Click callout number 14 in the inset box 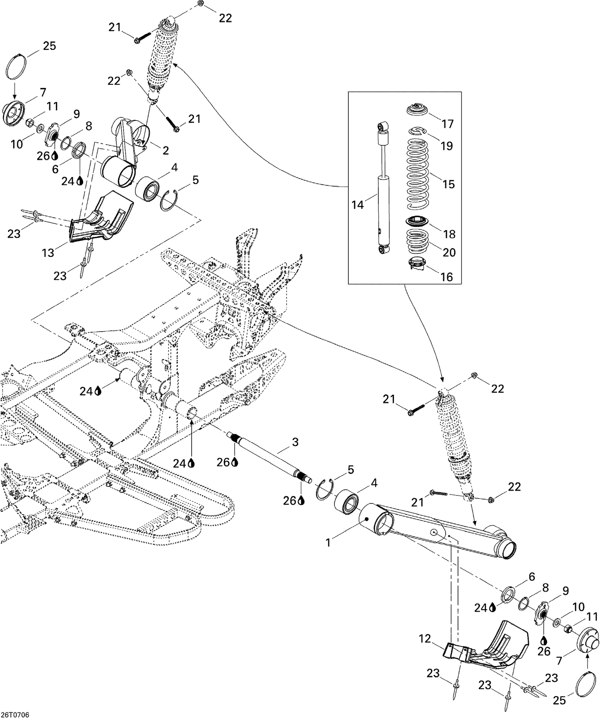[357, 205]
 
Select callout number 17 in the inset [448, 124]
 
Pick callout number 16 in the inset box [446, 276]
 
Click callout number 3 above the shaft [295, 442]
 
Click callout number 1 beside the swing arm [328, 543]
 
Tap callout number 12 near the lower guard [426, 639]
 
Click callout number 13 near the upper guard [48, 252]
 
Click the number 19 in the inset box [446, 145]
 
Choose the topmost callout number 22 [225, 18]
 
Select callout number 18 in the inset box [449, 234]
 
